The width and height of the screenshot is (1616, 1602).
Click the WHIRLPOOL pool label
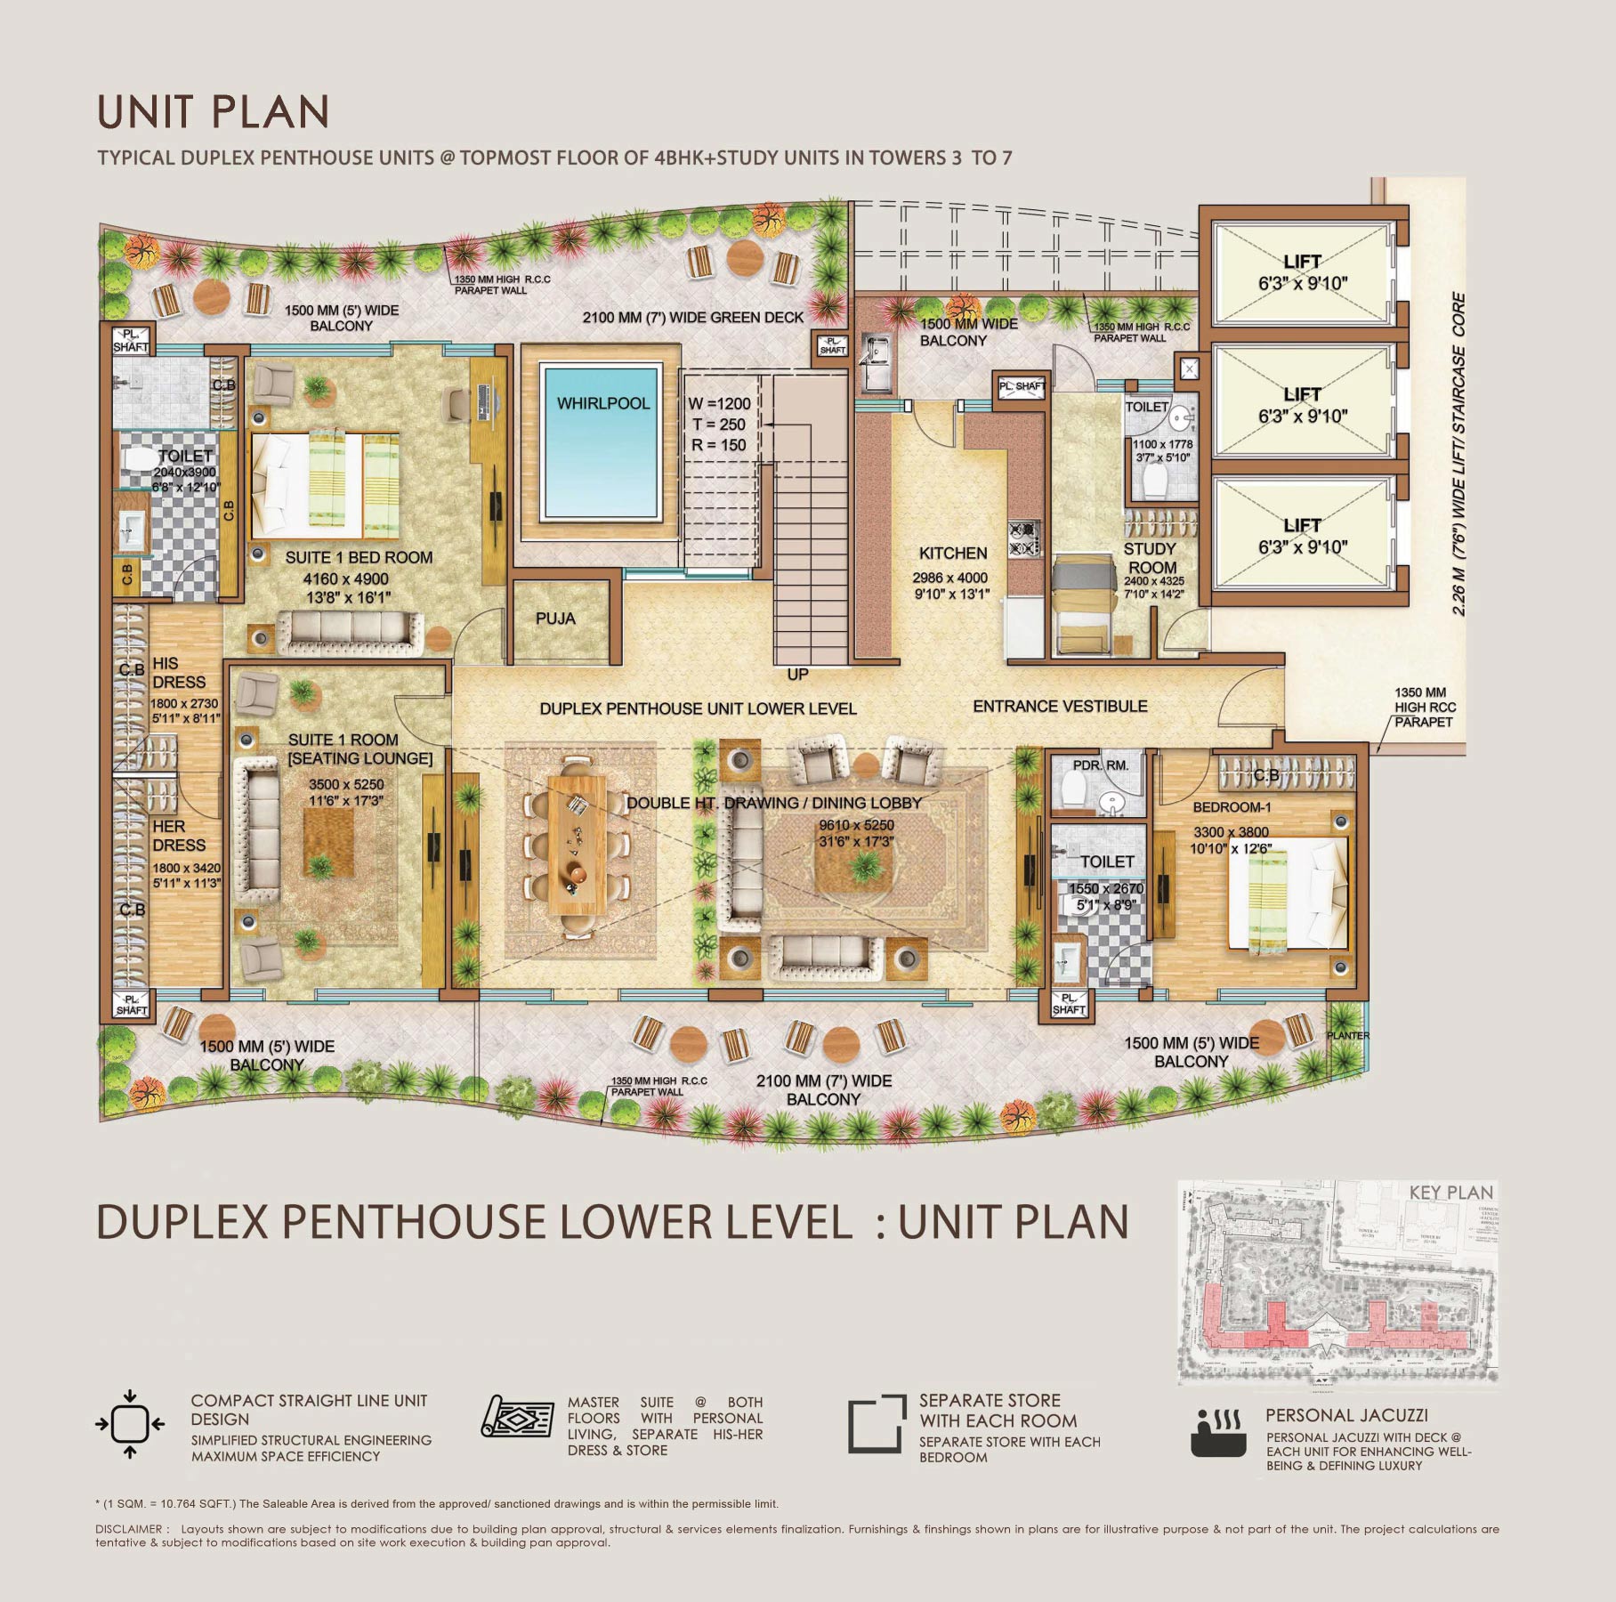point(603,403)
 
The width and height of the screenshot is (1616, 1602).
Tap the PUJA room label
point(555,619)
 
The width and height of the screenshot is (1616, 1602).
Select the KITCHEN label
point(953,553)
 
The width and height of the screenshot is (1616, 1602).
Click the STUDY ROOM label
point(1151,558)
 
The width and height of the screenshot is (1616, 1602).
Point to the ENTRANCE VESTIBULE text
point(1060,707)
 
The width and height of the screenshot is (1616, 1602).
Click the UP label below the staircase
point(797,675)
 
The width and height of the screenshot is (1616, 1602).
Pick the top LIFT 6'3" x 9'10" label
point(1302,272)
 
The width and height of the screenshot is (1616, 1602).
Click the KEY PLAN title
point(1450,1193)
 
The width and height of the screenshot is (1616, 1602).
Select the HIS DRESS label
point(179,673)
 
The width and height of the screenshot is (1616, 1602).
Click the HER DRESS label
point(179,836)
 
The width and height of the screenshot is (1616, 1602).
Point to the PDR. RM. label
point(1100,765)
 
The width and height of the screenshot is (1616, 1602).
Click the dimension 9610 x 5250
point(856,825)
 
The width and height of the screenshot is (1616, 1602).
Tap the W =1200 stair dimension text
point(719,404)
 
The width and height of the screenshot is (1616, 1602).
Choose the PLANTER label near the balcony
point(1347,1035)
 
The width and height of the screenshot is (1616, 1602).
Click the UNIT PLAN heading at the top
point(213,112)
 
